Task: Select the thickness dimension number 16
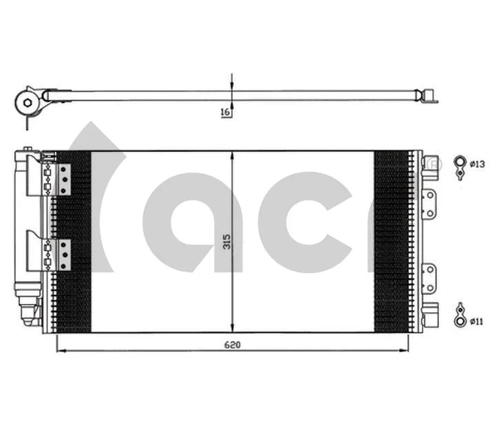tap(225, 113)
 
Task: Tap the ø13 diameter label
tap(478, 164)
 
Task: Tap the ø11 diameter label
tap(478, 320)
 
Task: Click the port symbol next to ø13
tap(459, 165)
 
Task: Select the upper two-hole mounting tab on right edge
tap(429, 204)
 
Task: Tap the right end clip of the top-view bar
tap(429, 98)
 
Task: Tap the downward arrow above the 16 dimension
tap(233, 83)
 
